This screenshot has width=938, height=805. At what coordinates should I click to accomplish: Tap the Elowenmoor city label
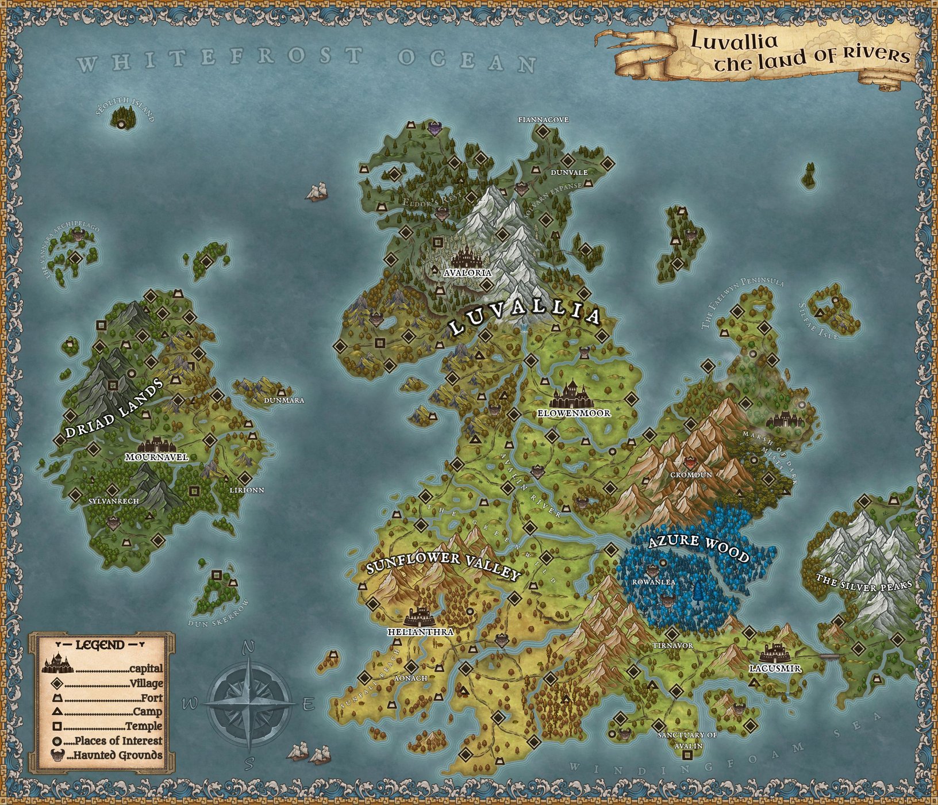(x=574, y=413)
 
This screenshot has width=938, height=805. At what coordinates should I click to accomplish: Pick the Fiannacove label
(x=543, y=120)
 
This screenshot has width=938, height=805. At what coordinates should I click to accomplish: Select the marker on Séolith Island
(x=121, y=124)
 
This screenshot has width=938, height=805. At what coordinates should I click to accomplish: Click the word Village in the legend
(x=147, y=684)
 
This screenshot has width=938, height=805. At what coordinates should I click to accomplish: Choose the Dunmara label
(x=283, y=400)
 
